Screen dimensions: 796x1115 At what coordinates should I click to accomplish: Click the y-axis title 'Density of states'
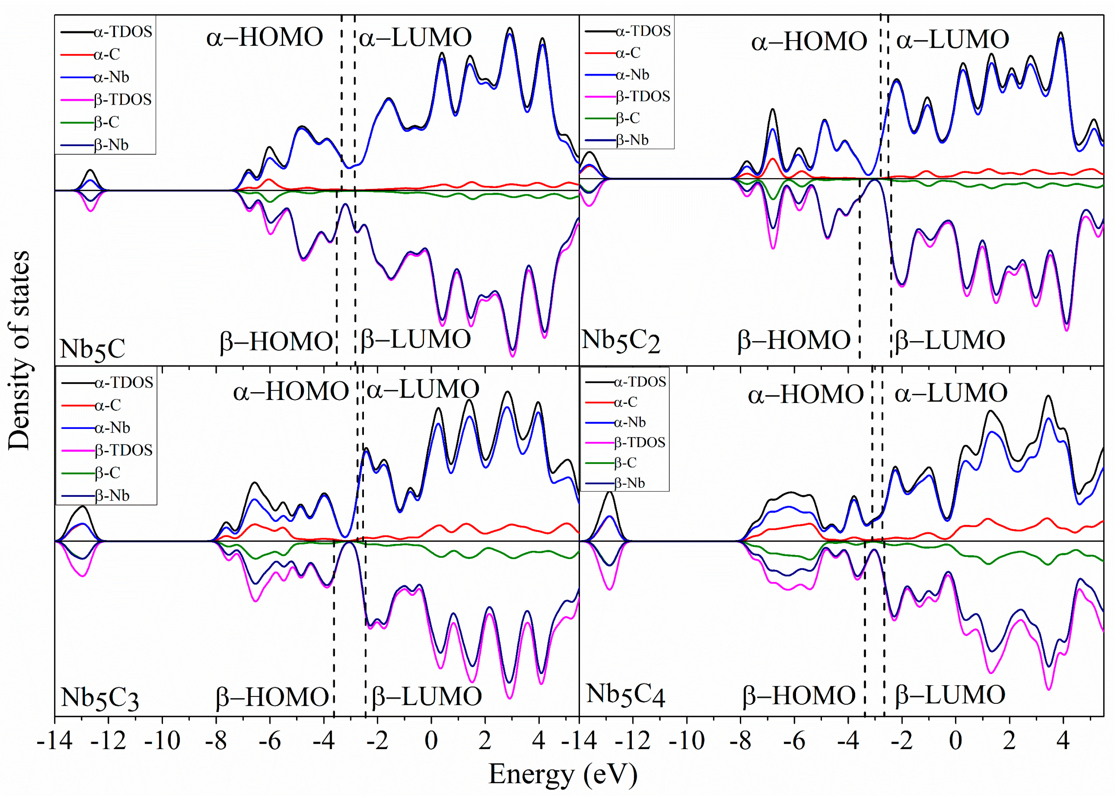pos(20,350)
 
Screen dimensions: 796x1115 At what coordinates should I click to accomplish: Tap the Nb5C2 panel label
pos(621,341)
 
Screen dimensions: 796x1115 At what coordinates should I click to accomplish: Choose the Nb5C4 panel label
pos(625,695)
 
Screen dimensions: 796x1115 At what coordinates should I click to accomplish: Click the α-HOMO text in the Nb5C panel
pos(265,37)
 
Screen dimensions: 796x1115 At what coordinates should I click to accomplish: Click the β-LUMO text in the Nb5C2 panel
pos(950,340)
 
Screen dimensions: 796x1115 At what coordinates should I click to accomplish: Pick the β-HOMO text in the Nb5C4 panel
pos(799,695)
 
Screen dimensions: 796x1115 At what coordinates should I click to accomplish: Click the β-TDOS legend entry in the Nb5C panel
pos(122,99)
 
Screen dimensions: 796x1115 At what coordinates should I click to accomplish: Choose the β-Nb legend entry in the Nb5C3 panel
pos(112,496)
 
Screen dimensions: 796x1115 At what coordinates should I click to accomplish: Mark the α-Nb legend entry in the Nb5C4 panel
pos(630,422)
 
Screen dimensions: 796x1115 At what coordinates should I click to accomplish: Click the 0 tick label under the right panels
pos(955,741)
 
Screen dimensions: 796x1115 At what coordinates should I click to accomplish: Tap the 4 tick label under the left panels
pos(539,741)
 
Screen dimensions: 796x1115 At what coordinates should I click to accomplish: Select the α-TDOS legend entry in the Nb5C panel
pos(122,32)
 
